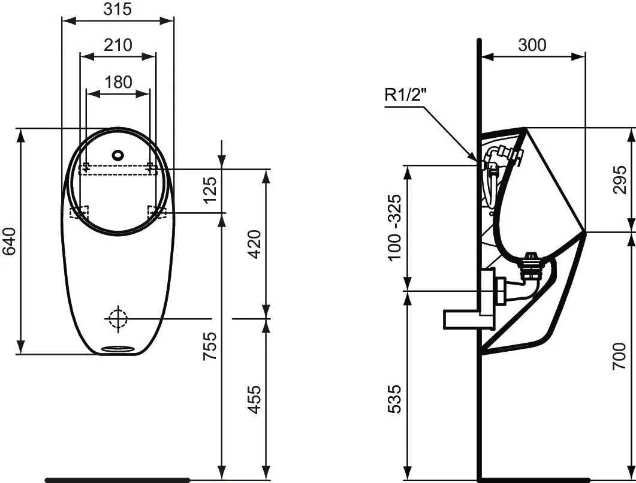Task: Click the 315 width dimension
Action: pos(117,9)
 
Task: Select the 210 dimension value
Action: pos(117,45)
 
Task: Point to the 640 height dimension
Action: pos(8,240)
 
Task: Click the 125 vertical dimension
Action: pos(209,189)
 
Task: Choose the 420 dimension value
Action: pos(254,243)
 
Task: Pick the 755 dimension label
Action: pos(209,346)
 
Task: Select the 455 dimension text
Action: pos(254,399)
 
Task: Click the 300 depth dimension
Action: pos(532,45)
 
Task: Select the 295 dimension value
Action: pos(620,180)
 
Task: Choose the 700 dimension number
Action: pos(620,356)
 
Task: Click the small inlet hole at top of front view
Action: pos(118,154)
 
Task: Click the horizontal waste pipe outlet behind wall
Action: pos(462,319)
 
